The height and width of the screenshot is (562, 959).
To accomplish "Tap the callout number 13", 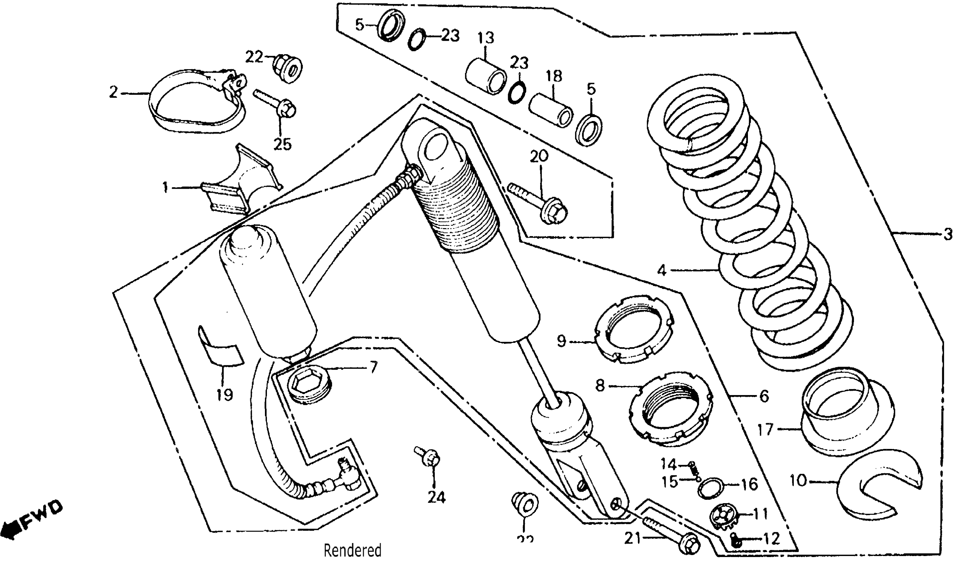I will point(486,38).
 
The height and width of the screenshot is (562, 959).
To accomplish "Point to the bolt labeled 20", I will point(540,202).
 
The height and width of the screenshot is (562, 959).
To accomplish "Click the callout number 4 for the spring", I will point(662,271).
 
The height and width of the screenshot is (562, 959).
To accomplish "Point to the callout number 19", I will point(225,395).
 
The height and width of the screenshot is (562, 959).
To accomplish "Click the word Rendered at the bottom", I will point(352,550).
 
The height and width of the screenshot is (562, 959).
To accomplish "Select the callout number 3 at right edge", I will point(947,235).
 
